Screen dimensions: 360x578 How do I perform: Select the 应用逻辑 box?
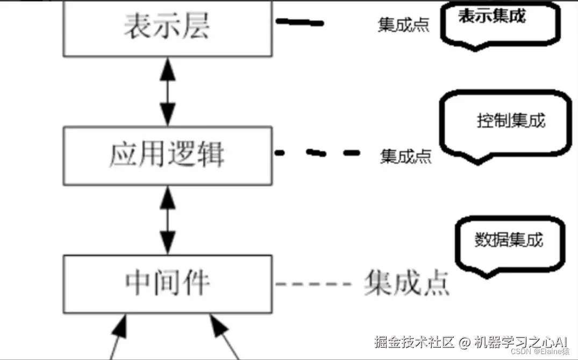click(167, 156)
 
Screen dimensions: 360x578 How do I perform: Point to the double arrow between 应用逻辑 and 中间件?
click(168, 220)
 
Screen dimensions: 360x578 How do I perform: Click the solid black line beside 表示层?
click(299, 23)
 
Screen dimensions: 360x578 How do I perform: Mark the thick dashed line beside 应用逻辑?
click(317, 153)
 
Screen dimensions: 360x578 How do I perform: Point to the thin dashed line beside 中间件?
click(313, 283)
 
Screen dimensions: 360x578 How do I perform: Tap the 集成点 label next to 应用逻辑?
click(405, 156)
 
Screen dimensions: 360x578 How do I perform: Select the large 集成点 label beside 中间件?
click(406, 282)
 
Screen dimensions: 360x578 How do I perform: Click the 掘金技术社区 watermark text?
click(415, 342)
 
